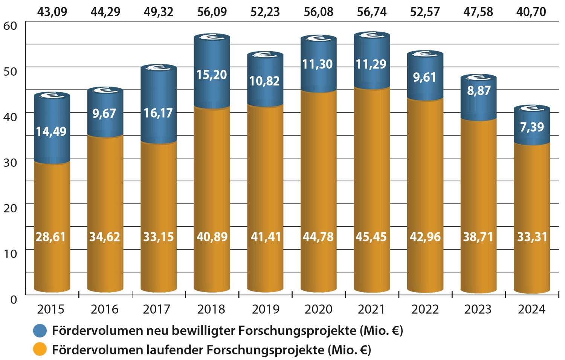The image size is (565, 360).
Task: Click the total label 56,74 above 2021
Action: [372, 12]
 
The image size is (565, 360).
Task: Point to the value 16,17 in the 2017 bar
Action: [158, 113]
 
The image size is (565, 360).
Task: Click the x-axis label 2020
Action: [318, 309]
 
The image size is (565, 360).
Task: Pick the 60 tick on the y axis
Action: [10, 26]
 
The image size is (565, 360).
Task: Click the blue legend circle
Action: [40, 331]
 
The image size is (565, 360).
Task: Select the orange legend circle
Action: [40, 350]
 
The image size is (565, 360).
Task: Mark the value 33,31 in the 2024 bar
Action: [532, 237]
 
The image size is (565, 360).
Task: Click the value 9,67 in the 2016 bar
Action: [104, 113]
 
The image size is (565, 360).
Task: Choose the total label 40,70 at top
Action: [531, 12]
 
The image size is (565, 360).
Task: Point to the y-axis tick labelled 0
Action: [14, 300]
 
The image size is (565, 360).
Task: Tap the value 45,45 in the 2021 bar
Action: [371, 237]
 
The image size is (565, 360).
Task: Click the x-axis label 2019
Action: [266, 309]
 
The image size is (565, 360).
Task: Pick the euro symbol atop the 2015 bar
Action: [52, 96]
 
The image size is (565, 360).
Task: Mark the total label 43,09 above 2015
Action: [52, 12]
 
